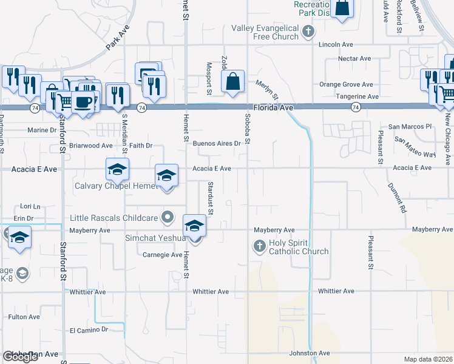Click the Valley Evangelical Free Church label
coord(265,32)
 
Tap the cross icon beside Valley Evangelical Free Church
coord(308,31)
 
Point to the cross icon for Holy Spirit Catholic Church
coord(259,246)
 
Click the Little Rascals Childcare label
coord(113,218)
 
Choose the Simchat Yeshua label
coord(155,238)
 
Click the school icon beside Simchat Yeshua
coord(194,226)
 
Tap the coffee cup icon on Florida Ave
coord(83,101)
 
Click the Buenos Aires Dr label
coord(217,144)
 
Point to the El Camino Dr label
coord(88,329)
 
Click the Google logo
coord(20,357)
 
